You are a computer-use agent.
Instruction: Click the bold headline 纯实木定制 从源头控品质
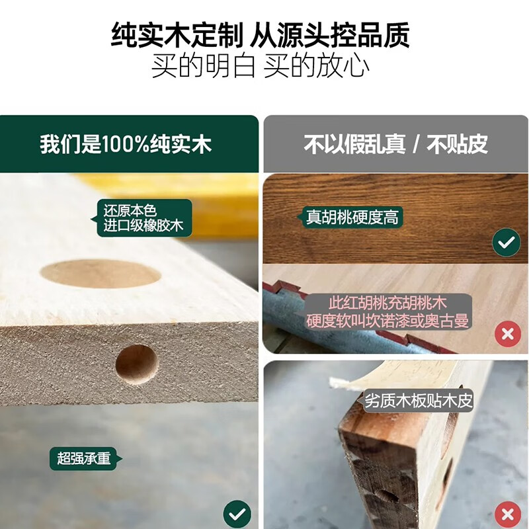pos(260,35)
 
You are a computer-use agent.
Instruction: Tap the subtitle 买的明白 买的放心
pos(260,65)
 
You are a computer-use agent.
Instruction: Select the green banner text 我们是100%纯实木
pos(126,144)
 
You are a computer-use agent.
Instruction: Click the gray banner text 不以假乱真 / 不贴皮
pos(395,144)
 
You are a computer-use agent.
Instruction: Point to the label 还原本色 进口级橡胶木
pos(143,218)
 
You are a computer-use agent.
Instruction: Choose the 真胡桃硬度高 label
pos(351,217)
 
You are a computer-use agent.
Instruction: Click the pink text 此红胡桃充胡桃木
pos(387,303)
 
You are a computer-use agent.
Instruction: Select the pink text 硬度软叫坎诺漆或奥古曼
pos(387,321)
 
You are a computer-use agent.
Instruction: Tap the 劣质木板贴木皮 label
pos(419,401)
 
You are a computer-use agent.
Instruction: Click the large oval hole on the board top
pos(101,274)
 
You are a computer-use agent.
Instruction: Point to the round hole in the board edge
pos(137,365)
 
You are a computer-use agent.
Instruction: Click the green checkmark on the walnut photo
pos(506,242)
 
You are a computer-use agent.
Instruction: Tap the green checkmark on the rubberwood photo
pos(237,514)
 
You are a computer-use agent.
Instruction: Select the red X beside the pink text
pos(508,334)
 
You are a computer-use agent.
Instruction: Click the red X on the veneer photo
pos(508,514)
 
